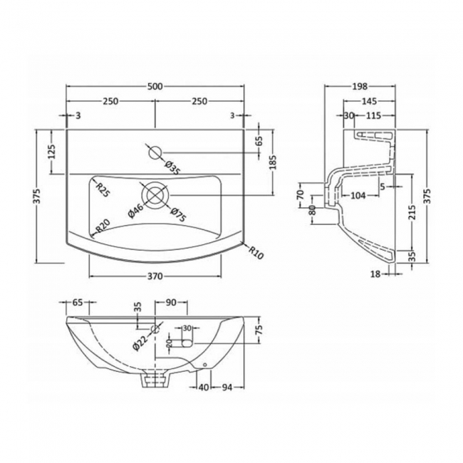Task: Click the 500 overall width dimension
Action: tap(155, 86)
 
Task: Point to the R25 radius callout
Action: tap(103, 189)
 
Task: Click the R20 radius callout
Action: tap(103, 226)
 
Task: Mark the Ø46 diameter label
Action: tap(137, 211)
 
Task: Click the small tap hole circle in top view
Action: tap(154, 151)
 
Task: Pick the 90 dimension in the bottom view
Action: tap(170, 303)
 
